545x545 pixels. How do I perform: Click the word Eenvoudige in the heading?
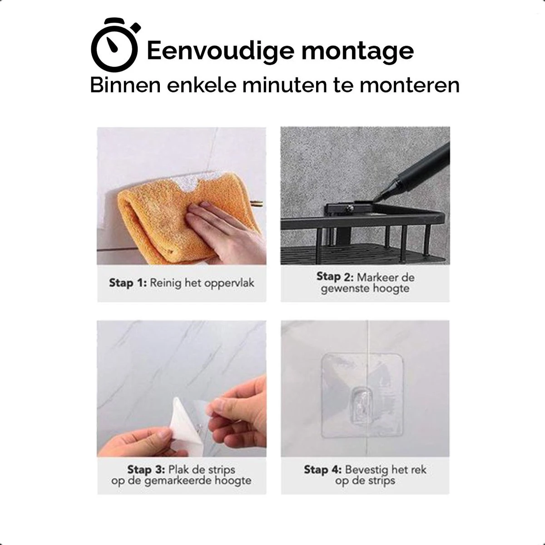(221, 51)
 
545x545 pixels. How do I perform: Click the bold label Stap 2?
(335, 277)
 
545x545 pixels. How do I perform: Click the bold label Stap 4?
(322, 469)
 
